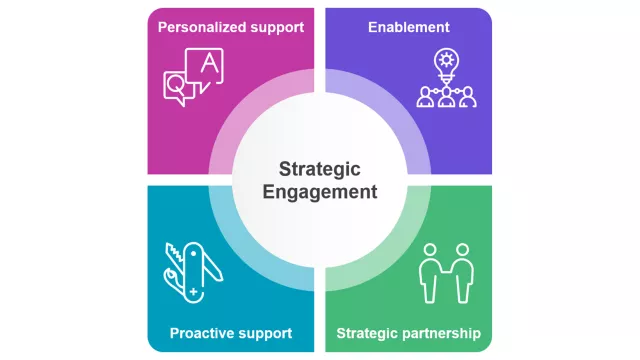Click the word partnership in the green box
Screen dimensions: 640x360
pos(442,333)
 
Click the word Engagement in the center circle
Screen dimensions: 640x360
pos(319,192)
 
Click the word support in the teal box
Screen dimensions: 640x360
pos(262,333)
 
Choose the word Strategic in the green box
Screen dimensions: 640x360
pos(367,333)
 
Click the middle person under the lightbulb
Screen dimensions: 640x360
pos(445,97)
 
